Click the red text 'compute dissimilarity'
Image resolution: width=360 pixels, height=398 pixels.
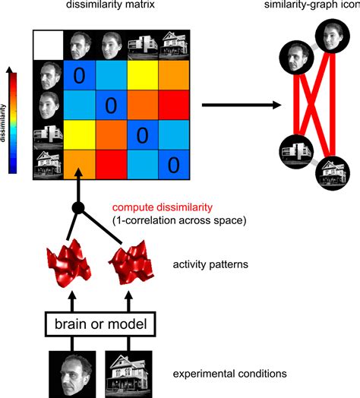tap(157, 207)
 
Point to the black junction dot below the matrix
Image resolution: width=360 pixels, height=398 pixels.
tap(76, 208)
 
